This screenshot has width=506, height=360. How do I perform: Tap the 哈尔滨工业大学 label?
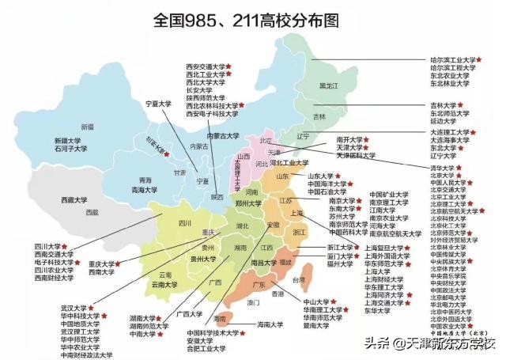point(451,59)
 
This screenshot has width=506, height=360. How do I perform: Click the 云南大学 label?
point(168,283)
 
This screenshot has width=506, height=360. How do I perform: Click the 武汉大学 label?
point(76,307)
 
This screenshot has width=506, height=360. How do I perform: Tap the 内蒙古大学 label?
point(223,136)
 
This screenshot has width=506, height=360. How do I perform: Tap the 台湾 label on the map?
point(298,280)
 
